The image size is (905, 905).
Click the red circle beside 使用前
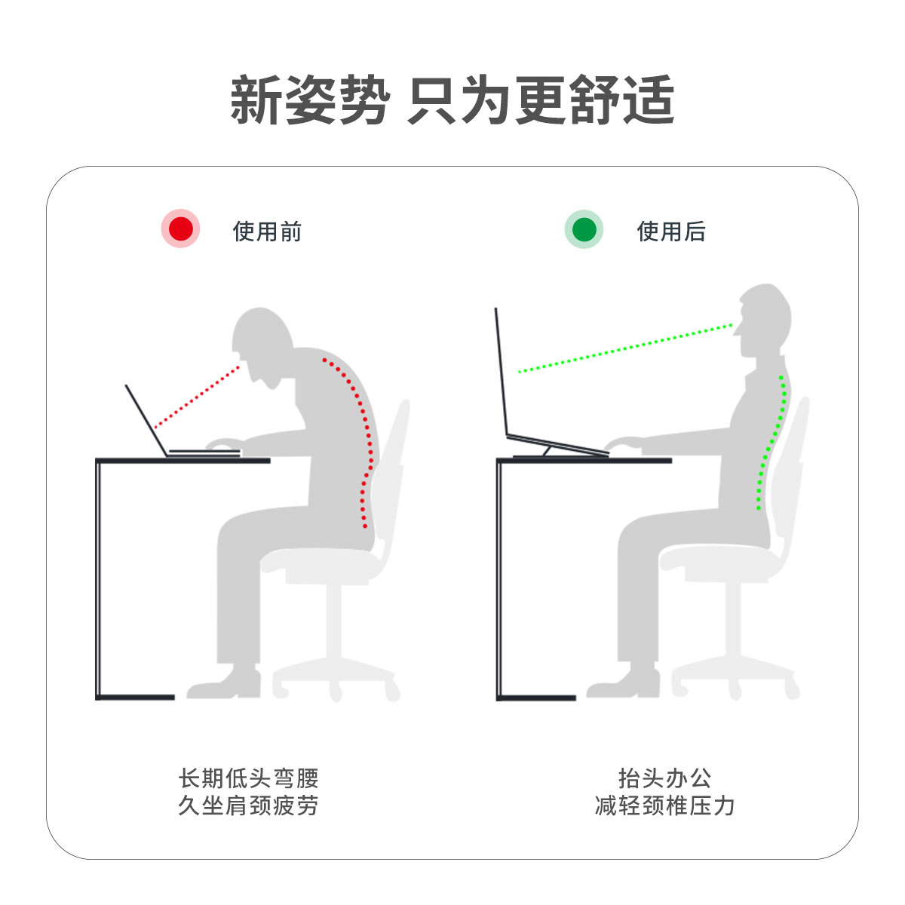[x=180, y=229]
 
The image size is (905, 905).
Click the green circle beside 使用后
[x=584, y=229]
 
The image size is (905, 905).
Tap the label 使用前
[x=267, y=232]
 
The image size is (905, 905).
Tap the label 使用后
[x=671, y=232]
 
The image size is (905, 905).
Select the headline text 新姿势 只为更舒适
[x=452, y=100]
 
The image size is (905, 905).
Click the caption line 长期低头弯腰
[x=248, y=778]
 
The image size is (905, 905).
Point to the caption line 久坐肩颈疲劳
[x=248, y=806]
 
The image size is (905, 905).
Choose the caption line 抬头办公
[x=664, y=778]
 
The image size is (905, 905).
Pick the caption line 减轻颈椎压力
[x=664, y=806]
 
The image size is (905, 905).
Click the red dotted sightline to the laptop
[x=197, y=397]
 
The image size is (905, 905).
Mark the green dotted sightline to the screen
[x=625, y=348]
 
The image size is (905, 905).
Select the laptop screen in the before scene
[x=146, y=420]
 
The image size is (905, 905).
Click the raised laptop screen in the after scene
[x=501, y=371]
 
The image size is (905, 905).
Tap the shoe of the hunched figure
[x=224, y=683]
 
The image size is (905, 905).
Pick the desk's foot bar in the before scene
[x=135, y=698]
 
